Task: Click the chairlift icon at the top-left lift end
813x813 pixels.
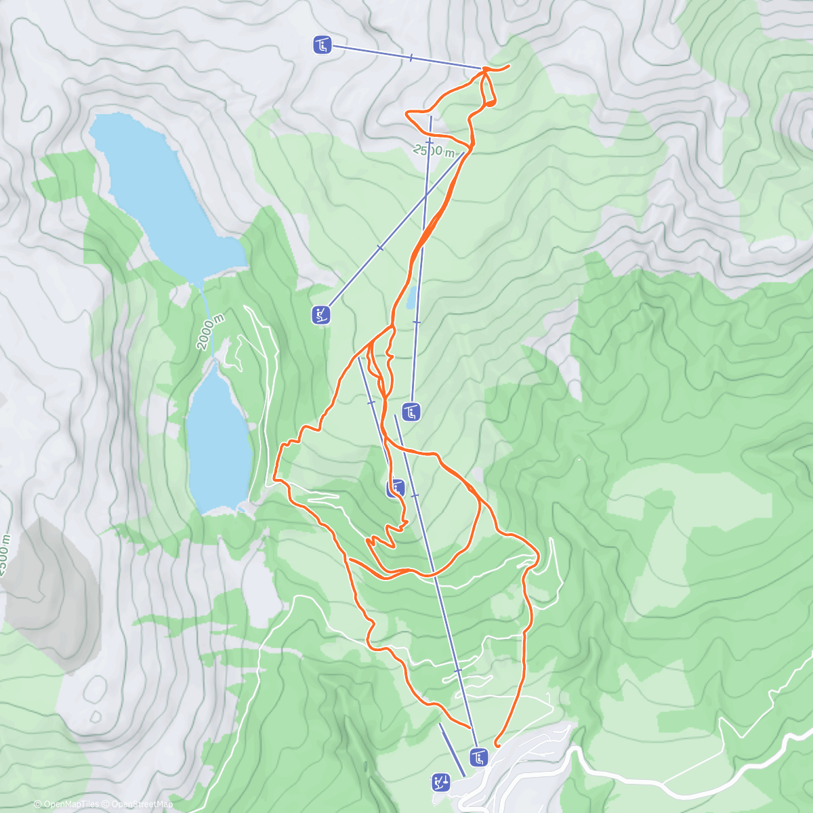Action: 322,45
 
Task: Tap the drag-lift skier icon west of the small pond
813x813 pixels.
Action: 322,314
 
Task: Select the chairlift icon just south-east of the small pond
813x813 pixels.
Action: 411,411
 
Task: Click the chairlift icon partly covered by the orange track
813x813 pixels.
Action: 396,488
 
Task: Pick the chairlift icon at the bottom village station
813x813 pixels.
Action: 479,757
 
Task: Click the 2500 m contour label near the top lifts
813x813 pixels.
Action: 434,150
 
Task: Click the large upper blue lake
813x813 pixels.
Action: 166,196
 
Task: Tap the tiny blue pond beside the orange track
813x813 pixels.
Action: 411,297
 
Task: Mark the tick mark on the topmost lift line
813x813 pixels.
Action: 411,58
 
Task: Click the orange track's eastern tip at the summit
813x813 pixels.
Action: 508,65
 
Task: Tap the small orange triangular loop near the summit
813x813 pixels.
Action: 488,102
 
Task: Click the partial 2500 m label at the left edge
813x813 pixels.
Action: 5,556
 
